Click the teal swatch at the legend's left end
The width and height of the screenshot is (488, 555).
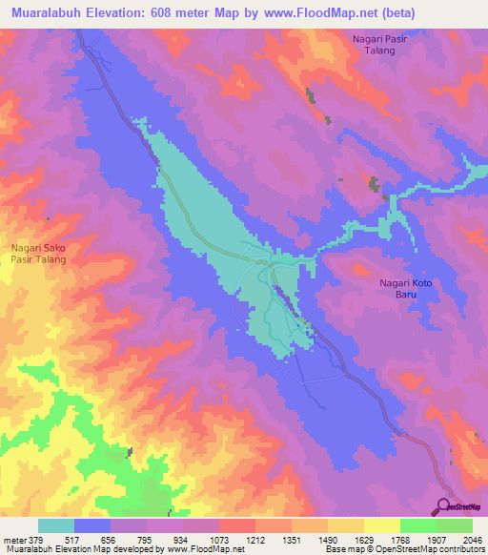[56, 525]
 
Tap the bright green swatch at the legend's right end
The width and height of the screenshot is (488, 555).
[454, 525]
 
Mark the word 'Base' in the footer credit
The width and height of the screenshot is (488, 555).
[335, 550]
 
